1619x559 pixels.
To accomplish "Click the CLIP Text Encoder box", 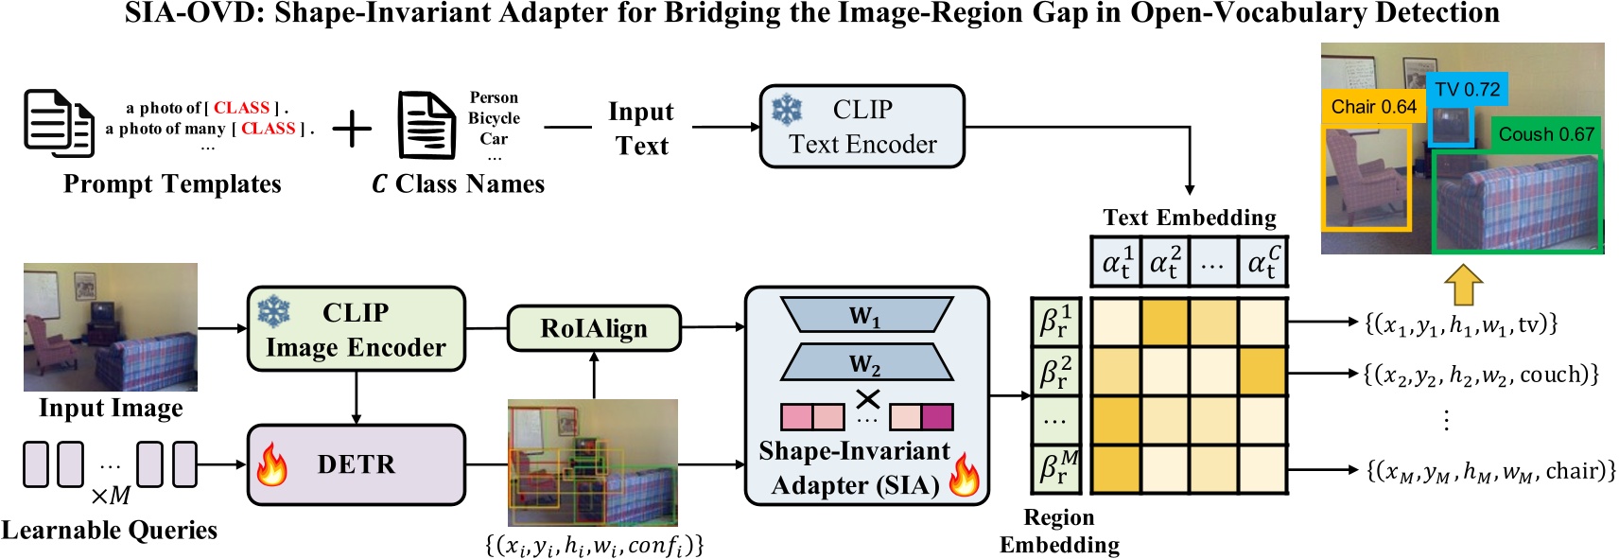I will (x=862, y=127).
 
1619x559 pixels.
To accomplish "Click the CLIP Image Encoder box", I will (x=356, y=329).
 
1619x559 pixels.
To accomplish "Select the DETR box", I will (x=356, y=464).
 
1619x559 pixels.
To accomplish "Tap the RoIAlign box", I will (x=594, y=328).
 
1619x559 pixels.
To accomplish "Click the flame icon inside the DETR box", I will (x=272, y=464).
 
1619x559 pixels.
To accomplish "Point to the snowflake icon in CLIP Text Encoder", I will (x=787, y=110).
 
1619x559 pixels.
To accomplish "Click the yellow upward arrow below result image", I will (x=1463, y=284).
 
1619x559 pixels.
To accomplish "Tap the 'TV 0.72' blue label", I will (x=1467, y=90).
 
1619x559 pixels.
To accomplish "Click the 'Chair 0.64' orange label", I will (x=1373, y=107).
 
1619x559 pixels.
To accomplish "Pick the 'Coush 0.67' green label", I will (x=1546, y=134).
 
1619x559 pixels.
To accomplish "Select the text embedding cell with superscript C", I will (x=1262, y=262).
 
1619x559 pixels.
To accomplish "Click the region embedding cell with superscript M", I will (x=1055, y=468).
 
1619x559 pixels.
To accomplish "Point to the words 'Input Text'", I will (x=641, y=129).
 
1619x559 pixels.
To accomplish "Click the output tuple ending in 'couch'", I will (x=1481, y=375).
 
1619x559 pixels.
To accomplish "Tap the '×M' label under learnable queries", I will (x=111, y=496).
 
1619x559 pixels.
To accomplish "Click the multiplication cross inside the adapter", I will (x=867, y=399).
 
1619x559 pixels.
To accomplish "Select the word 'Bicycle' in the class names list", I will (x=494, y=118).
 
